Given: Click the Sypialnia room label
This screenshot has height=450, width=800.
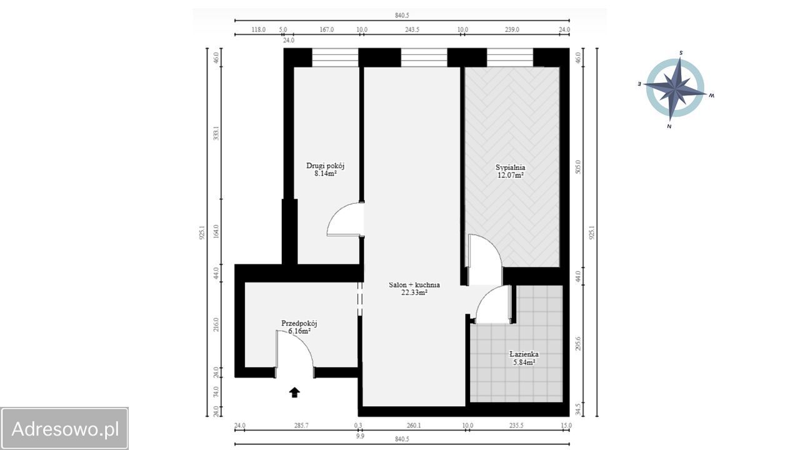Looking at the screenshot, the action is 511,167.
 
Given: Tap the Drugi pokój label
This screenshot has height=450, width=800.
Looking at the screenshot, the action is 326,166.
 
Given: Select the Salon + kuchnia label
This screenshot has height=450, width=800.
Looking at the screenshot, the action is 414,284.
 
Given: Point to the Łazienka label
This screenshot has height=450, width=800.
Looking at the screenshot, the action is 524,354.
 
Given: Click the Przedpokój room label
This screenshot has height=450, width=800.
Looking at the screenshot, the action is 299,324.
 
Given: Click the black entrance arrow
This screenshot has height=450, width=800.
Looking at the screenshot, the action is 294,392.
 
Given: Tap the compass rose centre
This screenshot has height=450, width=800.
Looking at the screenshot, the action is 675,88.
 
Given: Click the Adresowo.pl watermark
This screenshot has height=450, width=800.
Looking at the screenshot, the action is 65,429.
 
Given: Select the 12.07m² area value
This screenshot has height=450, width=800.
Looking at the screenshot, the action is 511,175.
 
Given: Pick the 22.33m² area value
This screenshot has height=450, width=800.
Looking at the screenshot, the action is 414,292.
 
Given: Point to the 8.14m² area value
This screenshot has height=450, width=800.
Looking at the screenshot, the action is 326,174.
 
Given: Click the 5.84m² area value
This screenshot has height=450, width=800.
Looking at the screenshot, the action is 524,362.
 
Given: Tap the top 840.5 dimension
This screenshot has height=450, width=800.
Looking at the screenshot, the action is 402,16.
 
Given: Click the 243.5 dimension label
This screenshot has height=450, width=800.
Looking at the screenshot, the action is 412,29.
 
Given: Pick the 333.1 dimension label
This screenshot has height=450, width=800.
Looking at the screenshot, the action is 216,133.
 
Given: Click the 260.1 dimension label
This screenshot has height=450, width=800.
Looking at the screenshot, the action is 414,426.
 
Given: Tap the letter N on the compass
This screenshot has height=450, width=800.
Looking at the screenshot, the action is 669,126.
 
